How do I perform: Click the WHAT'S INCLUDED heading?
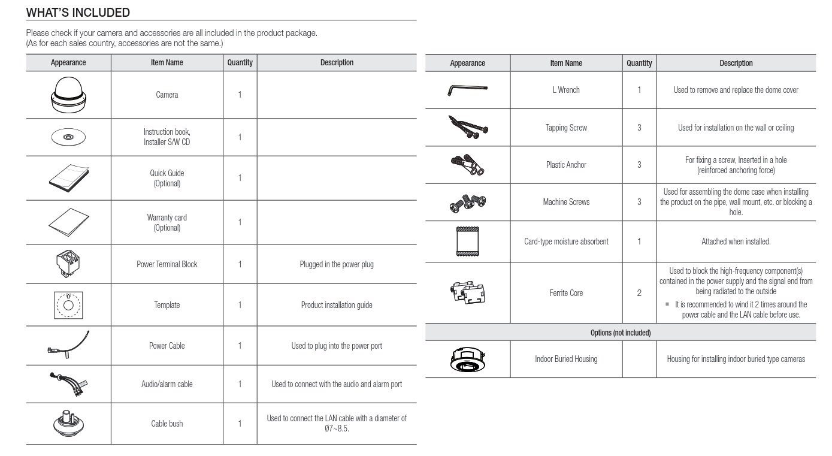(78, 12)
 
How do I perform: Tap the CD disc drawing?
(68, 137)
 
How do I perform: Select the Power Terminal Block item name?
(167, 264)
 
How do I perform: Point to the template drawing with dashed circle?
(68, 304)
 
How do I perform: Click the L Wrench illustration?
(467, 90)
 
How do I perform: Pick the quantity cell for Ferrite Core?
(639, 293)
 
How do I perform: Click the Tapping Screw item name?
(565, 128)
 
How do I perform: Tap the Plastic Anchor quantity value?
(639, 165)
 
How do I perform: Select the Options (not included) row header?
(621, 332)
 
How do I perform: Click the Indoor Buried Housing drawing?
(467, 358)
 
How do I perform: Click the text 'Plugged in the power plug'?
(337, 264)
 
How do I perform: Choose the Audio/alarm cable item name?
(167, 384)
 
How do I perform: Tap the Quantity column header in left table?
(240, 62)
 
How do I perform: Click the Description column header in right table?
(736, 63)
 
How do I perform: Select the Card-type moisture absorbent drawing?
(467, 241)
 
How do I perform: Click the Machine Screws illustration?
(467, 202)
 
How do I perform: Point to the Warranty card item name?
(167, 223)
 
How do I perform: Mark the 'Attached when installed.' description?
(736, 241)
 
